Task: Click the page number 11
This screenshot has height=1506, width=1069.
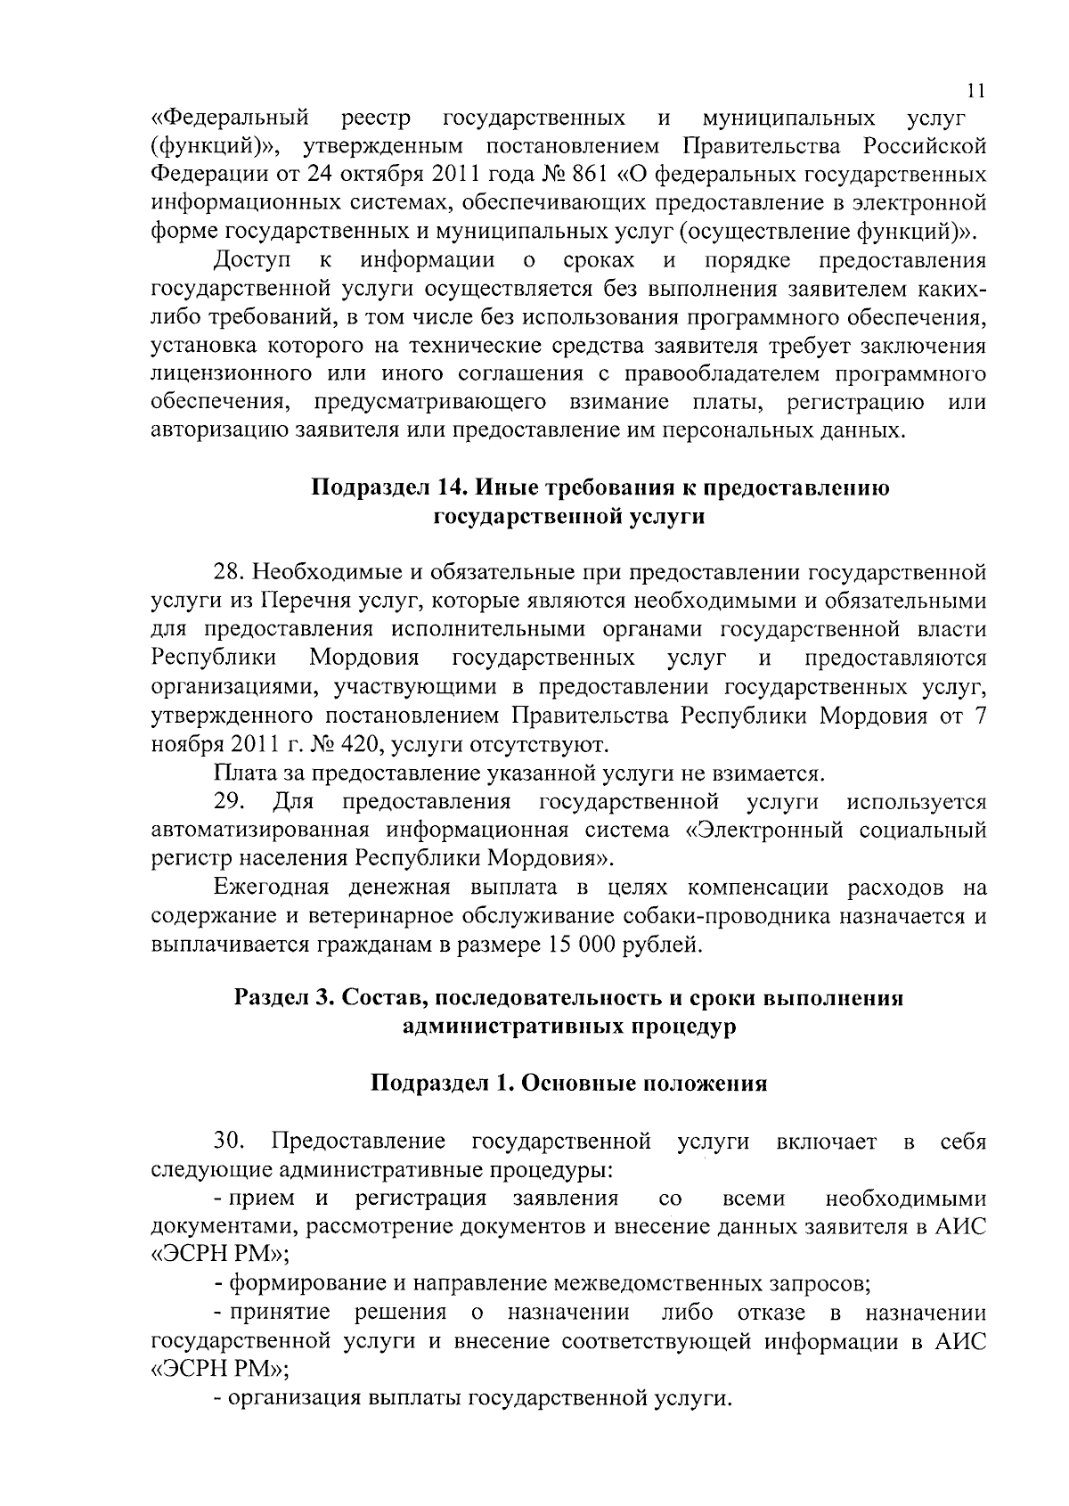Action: click(975, 90)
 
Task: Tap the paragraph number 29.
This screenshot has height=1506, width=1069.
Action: click(229, 801)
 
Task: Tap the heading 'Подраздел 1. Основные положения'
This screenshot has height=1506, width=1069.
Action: click(568, 1084)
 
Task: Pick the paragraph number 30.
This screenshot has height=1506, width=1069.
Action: click(229, 1142)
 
